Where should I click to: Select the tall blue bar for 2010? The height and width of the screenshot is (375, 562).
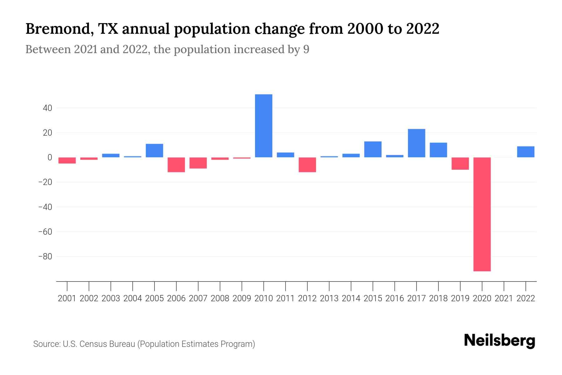264,126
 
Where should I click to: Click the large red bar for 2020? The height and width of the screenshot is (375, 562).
482,214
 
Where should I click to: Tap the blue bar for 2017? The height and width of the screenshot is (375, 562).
417,143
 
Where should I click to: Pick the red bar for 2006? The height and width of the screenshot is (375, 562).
176,165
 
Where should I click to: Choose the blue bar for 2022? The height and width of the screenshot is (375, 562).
526,152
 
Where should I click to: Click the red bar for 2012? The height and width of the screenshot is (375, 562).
307,165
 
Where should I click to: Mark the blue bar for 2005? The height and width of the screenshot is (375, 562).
155,151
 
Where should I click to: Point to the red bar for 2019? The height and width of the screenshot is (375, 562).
460,163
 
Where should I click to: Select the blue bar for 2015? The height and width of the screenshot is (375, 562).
373,149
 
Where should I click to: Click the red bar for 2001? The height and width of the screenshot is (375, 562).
67,160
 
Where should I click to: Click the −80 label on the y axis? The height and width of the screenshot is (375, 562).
45,257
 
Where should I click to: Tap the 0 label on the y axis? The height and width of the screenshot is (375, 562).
49,157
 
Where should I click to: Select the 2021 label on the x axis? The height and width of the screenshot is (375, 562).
504,298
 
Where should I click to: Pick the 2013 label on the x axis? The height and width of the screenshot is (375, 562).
329,298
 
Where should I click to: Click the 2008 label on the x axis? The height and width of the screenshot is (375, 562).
220,298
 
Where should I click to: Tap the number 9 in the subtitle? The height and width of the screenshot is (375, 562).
306,50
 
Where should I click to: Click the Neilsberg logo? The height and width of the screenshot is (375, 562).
500,341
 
